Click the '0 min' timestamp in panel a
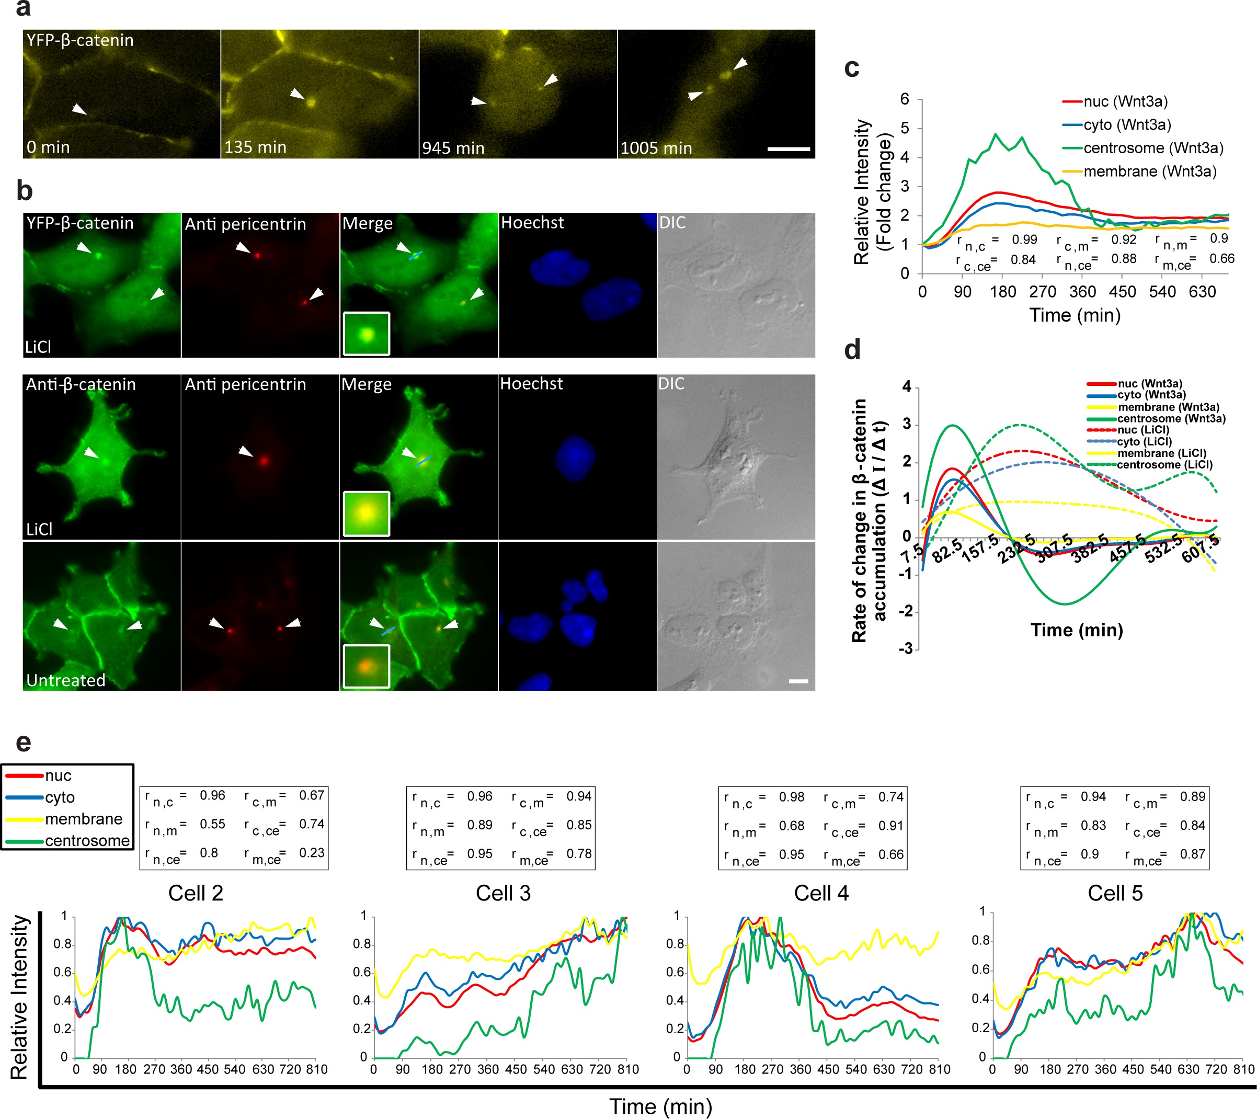(48, 147)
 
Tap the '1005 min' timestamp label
(656, 148)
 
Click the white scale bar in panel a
(789, 149)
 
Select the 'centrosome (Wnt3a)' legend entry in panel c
(1153, 148)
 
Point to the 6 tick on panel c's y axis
(905, 99)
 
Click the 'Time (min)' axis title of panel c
(1075, 315)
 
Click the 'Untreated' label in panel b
(66, 680)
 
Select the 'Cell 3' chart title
(503, 893)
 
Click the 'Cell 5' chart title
(1115, 893)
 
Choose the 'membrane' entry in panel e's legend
(84, 819)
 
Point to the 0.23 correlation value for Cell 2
(312, 853)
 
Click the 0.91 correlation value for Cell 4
(890, 826)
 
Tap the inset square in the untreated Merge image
(367, 666)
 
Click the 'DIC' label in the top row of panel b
(672, 223)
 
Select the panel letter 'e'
(23, 743)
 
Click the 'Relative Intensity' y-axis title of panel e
(20, 997)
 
